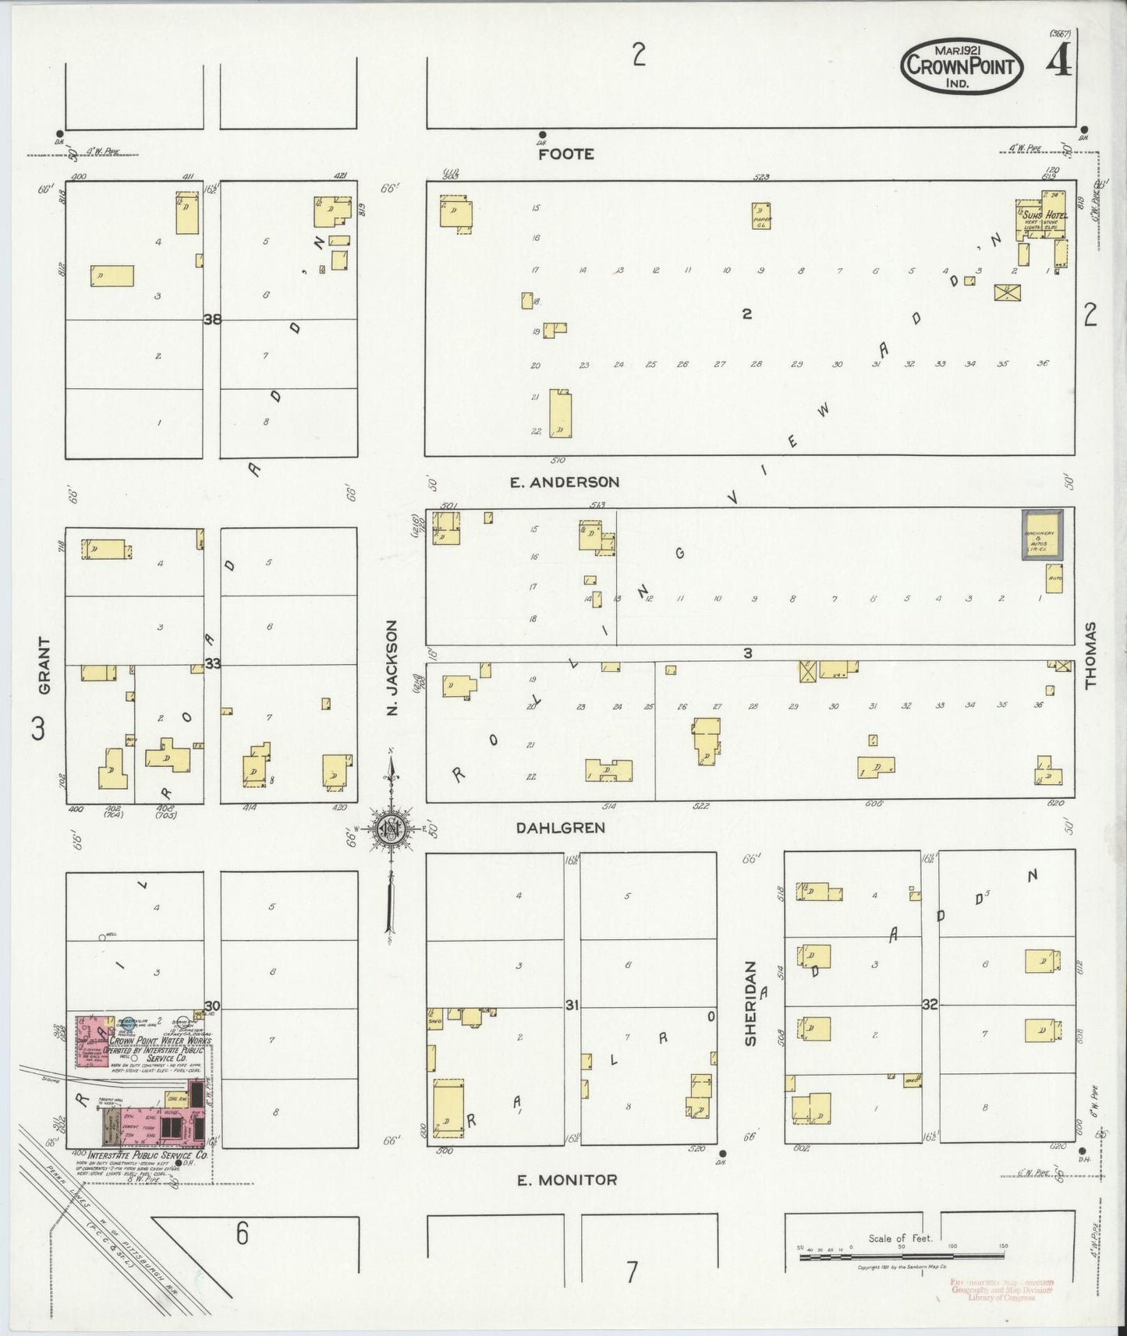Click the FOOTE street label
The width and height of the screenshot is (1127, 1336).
pyautogui.click(x=566, y=154)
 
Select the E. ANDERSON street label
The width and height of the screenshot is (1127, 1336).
pyautogui.click(x=565, y=482)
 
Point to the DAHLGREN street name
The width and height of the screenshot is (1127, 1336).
pyautogui.click(x=560, y=828)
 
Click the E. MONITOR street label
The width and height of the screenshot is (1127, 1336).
pyautogui.click(x=567, y=1180)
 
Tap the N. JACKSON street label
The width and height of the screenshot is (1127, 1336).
pyautogui.click(x=392, y=668)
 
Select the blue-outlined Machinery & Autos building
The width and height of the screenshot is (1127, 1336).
pyautogui.click(x=1042, y=535)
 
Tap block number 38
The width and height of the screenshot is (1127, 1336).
pyautogui.click(x=211, y=319)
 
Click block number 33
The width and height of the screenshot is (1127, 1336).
pyautogui.click(x=212, y=663)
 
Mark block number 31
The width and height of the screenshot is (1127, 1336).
pyautogui.click(x=572, y=1006)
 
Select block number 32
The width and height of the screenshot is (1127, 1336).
pyautogui.click(x=930, y=1005)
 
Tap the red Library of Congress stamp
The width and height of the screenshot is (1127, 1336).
pyautogui.click(x=1001, y=1290)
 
